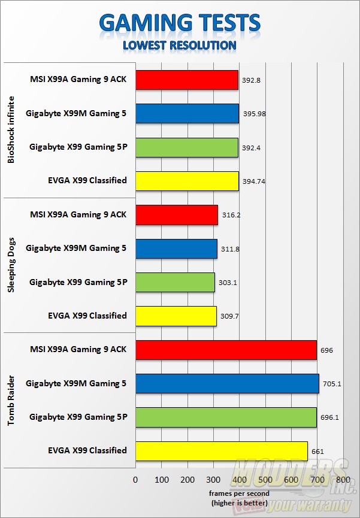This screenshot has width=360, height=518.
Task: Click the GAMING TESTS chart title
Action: (180, 23)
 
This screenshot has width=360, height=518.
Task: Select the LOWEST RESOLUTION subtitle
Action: (180, 45)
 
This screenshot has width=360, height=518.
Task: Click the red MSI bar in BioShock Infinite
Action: (187, 80)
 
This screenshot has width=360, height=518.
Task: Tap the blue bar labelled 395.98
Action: (187, 113)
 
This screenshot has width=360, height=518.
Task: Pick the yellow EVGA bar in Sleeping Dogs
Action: (176, 316)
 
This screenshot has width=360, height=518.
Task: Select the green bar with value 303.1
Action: (175, 282)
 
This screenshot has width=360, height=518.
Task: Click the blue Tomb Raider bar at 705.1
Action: (227, 384)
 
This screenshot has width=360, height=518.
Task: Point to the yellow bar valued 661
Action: (222, 451)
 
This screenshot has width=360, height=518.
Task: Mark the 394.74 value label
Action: (255, 181)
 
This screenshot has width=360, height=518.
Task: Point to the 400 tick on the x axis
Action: (239, 480)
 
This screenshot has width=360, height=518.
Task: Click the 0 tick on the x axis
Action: (135, 480)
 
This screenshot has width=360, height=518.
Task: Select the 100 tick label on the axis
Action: (162, 480)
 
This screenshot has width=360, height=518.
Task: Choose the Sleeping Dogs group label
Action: (12, 265)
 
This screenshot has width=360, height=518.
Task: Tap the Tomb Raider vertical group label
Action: (12, 401)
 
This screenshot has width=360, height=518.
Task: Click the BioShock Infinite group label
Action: (12, 130)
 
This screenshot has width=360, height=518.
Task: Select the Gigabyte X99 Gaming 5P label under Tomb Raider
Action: (78, 417)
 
